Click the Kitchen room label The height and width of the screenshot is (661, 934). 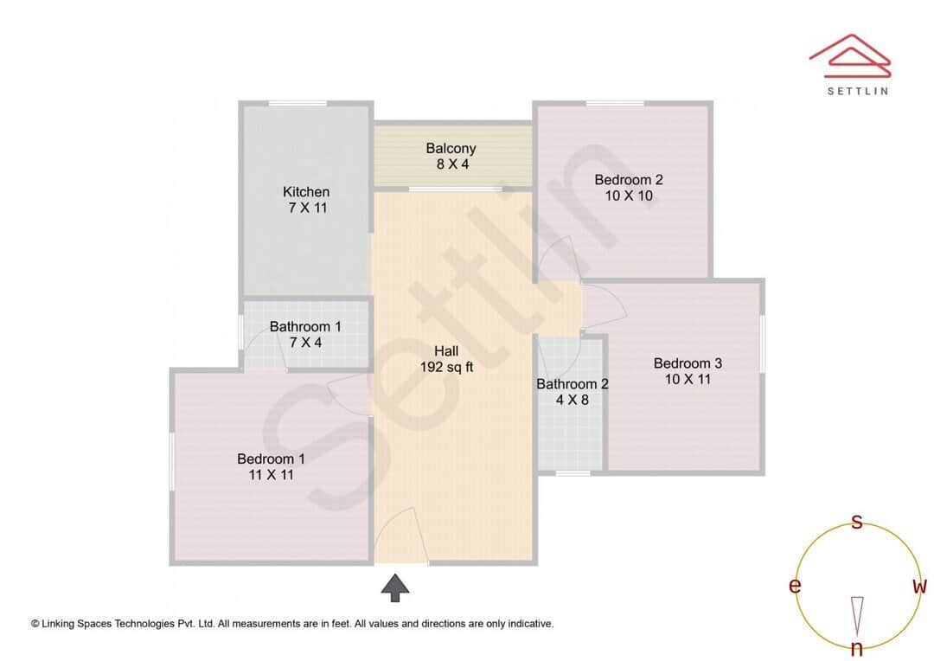coord(306,200)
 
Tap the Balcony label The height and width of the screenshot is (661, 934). coord(451,157)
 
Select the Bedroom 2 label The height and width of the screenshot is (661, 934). coord(629,188)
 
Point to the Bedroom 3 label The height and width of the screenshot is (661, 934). coord(688,371)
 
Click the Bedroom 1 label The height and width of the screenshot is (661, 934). coord(271,466)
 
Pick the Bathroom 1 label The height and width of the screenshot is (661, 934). coord(305,334)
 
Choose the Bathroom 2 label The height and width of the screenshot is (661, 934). coord(573,392)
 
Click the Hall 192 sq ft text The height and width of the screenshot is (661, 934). coord(446,358)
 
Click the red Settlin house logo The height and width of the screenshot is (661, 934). coord(850,55)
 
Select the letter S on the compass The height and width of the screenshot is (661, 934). coord(857,522)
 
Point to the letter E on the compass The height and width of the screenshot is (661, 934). coord(794,587)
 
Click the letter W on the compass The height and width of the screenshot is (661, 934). coord(919,587)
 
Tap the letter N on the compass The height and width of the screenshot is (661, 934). coord(857,648)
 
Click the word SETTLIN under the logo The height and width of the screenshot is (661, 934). coord(857,90)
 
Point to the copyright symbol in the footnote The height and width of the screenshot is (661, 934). coord(35,623)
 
